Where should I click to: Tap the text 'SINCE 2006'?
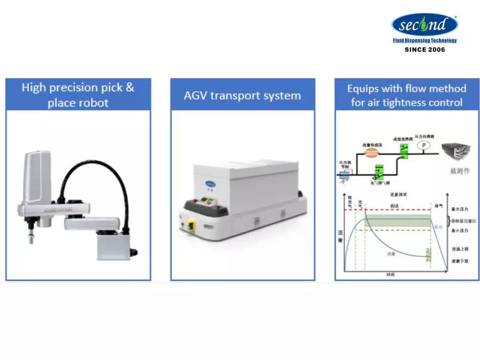tap(424, 50)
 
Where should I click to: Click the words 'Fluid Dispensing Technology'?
tap(424, 41)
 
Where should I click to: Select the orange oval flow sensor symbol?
tap(371, 151)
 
